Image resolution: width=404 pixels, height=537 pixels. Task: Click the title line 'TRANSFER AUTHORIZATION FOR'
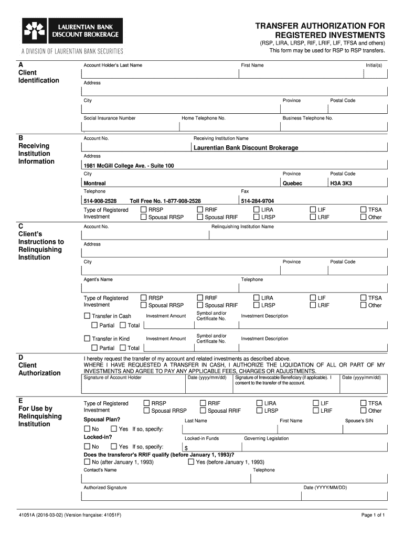pos(320,26)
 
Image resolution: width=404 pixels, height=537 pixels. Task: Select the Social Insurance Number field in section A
pos(130,127)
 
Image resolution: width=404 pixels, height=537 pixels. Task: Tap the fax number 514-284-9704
pos(257,201)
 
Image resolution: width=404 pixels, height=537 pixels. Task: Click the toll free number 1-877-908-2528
pos(165,201)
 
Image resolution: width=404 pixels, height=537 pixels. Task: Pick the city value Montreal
pos(95,184)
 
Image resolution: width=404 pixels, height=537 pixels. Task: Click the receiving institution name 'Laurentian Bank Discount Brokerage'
pos(246,148)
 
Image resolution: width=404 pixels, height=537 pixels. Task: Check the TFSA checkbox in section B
pos(363,210)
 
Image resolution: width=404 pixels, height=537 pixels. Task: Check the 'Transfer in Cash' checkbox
pos(88,316)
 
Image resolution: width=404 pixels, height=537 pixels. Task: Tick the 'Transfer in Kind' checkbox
pos(88,339)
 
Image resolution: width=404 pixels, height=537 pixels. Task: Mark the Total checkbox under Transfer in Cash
pos(123,325)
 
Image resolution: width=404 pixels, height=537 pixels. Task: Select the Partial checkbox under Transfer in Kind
pos(95,348)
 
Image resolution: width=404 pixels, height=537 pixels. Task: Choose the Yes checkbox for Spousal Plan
pos(114,429)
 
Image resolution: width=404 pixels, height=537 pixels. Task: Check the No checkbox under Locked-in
pos(87,446)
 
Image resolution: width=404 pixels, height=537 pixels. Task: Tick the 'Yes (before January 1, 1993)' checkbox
pos(191,462)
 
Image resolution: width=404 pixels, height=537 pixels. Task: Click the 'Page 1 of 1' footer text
pos(373,515)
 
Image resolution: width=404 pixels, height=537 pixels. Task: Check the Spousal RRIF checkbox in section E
pos(203,411)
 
